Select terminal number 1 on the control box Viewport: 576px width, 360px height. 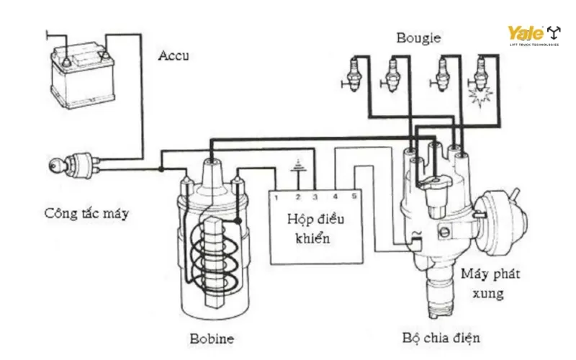[276, 197]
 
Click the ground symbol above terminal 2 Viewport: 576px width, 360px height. [295, 170]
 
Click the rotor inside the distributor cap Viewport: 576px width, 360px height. [434, 184]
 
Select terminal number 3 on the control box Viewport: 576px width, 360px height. [315, 197]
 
